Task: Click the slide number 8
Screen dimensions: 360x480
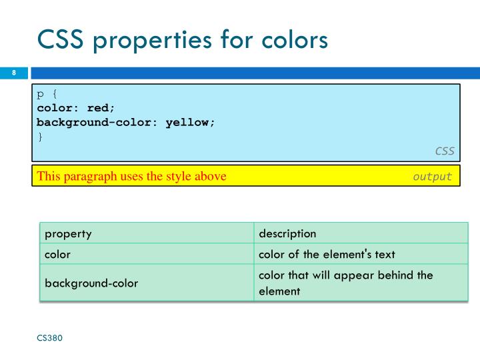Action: point(14,73)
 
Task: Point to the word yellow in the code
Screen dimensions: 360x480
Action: point(189,123)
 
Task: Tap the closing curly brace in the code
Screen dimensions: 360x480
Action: point(39,137)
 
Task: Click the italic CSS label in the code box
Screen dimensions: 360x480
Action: point(445,151)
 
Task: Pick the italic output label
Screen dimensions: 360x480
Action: point(432,177)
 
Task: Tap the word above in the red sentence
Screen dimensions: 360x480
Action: point(210,177)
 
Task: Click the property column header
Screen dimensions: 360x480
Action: point(68,233)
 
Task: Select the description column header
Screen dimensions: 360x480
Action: point(287,233)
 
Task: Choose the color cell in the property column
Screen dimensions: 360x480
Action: point(57,254)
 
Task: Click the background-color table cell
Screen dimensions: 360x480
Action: point(91,283)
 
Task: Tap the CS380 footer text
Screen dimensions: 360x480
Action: point(49,338)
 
